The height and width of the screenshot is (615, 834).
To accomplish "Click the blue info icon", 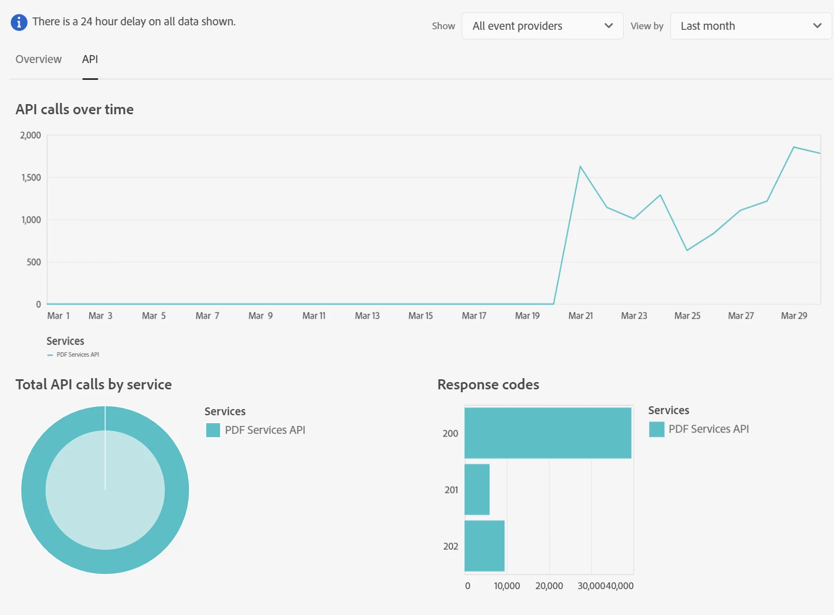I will pos(19,23).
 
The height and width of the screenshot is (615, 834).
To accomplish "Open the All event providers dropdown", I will pos(542,26).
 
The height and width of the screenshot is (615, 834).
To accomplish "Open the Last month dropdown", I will pos(750,26).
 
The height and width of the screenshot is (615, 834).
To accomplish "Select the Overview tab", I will pos(39,59).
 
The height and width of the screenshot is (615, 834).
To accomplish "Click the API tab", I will pos(90,59).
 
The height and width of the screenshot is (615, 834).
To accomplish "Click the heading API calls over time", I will pos(75,109).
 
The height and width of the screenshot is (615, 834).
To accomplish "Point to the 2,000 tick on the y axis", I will pos(30,135).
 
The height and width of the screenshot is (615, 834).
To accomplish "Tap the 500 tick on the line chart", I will pos(34,262).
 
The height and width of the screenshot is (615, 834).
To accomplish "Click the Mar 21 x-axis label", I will pos(580,316).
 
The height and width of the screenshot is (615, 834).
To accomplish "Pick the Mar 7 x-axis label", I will pos(207,316).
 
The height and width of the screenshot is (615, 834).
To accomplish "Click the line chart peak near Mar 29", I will pos(794,147).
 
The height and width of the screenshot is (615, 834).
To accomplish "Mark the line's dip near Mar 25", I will pos(687,250).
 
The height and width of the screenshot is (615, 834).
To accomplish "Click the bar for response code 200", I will pos(548,433).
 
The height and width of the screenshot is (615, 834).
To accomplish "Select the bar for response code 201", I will pos(477,490).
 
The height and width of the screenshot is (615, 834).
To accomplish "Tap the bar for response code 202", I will pos(484,546).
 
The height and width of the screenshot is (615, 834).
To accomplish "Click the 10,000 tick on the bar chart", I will pos(507,586).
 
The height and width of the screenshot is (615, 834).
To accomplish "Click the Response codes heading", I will pos(488,384).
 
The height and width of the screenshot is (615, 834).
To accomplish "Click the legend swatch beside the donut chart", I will pos(213,430).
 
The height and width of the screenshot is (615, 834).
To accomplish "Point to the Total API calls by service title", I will pos(94,384).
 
